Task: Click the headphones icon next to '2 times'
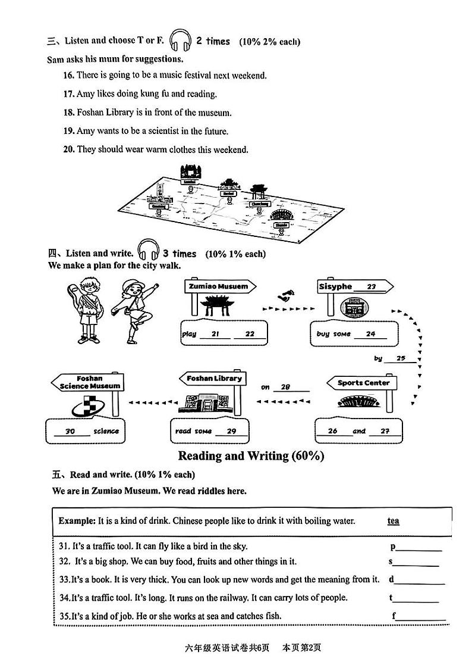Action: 180,41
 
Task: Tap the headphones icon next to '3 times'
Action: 148,252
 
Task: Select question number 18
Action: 68,113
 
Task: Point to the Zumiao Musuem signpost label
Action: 218,286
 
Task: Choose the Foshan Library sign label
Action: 214,379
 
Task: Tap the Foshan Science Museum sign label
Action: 90,382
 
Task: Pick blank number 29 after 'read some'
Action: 231,432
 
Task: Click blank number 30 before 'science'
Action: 70,432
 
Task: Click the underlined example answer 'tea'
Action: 394,521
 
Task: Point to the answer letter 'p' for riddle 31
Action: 393,547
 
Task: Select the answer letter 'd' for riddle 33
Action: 392,579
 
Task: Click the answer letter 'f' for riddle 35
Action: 394,616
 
